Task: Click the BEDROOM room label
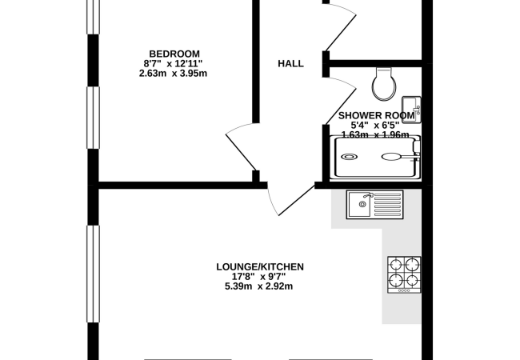[x=174, y=54]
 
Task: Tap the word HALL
[x=290, y=63]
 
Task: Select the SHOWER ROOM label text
[x=377, y=115]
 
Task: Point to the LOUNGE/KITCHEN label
[x=260, y=267]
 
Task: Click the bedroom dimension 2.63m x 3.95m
[x=173, y=74]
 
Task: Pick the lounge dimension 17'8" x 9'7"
[x=259, y=276]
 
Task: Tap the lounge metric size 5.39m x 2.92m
[x=258, y=286]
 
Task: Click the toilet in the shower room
[x=384, y=84]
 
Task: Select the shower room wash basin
[x=411, y=110]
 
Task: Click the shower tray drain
[x=350, y=157]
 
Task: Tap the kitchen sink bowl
[x=359, y=204]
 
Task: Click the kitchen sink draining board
[x=387, y=205]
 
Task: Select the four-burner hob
[x=404, y=274]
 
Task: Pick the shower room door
[x=340, y=100]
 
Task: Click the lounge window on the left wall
[x=93, y=274]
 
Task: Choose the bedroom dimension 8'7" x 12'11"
[x=173, y=63]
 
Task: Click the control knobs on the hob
[x=404, y=290]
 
